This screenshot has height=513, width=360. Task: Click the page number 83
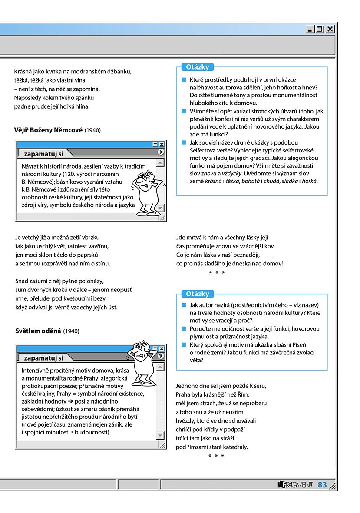(x=322, y=485)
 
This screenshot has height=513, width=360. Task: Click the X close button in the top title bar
(x=330, y=29)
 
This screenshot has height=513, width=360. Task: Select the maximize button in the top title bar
(x=320, y=29)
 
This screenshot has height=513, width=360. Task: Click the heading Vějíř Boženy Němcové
(x=48, y=130)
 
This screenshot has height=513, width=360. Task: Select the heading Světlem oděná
(x=37, y=331)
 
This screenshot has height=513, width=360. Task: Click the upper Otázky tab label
(x=198, y=67)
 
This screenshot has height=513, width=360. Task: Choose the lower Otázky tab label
(x=198, y=294)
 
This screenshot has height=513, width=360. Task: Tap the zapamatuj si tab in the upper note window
(x=43, y=153)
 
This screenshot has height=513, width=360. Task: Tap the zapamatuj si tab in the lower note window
(x=43, y=358)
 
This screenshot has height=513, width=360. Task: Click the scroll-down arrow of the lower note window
(x=160, y=435)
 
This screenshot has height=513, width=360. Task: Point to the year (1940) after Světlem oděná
(x=71, y=331)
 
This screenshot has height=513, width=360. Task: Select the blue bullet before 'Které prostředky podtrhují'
(x=184, y=79)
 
